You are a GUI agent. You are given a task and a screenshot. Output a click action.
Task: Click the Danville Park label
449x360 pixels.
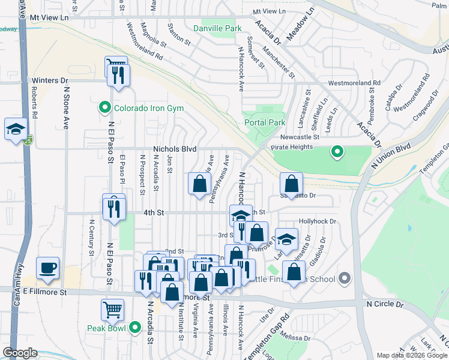click(217, 28)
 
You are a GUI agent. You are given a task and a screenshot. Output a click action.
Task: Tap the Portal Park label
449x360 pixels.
click(265, 122)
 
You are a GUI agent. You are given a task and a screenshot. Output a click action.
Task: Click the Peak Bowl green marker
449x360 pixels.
click(136, 328)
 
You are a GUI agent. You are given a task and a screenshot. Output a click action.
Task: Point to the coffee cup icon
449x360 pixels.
click(47, 268)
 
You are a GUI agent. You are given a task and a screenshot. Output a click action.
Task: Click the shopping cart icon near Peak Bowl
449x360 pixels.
click(112, 310)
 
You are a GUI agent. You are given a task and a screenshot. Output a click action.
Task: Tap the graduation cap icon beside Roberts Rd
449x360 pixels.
click(15, 128)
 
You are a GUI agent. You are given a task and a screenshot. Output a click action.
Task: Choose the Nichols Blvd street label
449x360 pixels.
click(175, 149)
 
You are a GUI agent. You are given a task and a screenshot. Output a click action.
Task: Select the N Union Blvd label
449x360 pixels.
click(394, 155)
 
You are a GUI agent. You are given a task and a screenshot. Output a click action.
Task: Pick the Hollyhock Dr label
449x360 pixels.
click(315, 221)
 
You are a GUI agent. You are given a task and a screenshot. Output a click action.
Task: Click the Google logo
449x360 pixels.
click(20, 353)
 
